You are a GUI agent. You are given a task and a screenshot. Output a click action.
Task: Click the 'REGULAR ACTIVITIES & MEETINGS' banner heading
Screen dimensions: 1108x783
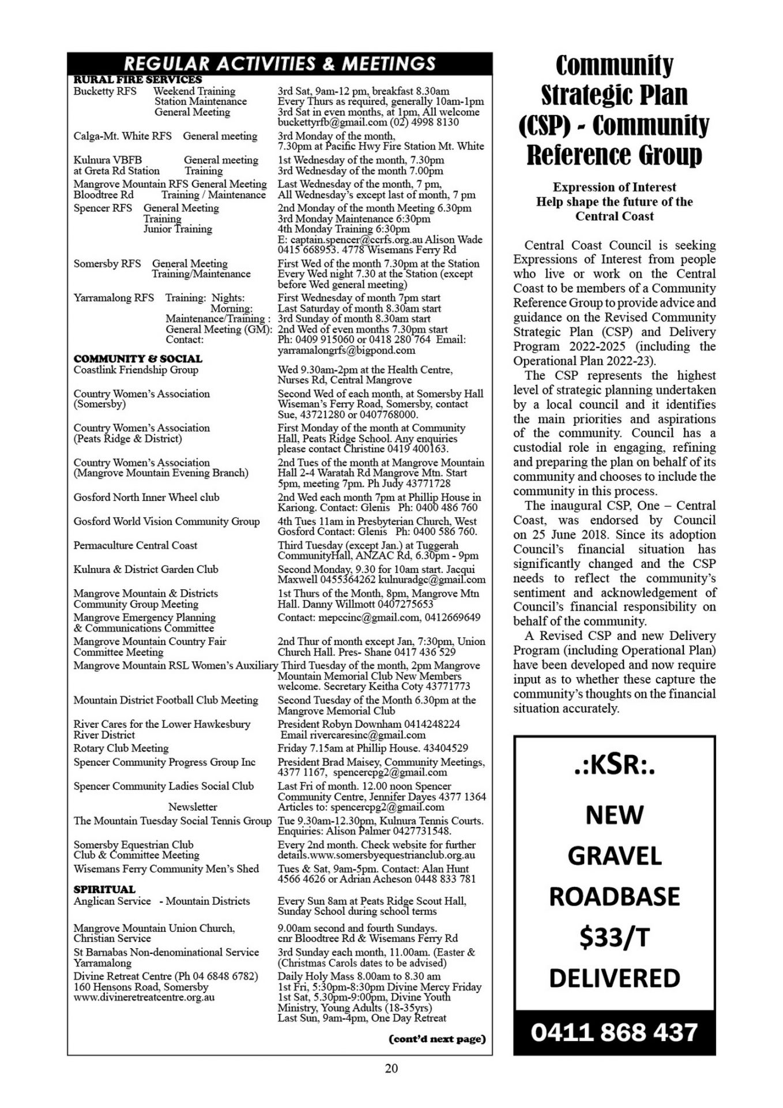(280, 63)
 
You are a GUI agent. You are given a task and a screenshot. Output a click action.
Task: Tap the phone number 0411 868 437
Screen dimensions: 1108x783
(614, 1031)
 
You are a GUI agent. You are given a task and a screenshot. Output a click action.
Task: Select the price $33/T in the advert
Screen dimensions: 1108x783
(614, 938)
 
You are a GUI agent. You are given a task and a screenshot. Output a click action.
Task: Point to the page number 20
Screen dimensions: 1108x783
(391, 1068)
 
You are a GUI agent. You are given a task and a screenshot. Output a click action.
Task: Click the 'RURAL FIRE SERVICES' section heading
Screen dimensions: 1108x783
(138, 80)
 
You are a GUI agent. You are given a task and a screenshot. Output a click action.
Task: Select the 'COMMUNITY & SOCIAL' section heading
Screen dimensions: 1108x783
(138, 358)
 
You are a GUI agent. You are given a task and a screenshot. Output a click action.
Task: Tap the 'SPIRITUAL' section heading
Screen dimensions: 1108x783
(104, 889)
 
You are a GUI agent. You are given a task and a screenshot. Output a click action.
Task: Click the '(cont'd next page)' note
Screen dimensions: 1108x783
(437, 1039)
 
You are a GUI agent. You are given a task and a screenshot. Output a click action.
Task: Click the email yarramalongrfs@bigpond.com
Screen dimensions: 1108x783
(346, 350)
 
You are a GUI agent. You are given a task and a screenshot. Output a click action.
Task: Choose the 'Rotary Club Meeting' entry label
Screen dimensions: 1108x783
(121, 748)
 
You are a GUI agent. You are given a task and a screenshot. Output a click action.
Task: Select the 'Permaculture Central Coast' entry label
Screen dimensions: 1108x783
(135, 545)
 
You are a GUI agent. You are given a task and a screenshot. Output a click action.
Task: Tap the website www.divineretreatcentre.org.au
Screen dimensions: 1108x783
(144, 997)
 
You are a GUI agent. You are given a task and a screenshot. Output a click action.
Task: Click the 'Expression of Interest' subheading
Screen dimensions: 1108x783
(614, 187)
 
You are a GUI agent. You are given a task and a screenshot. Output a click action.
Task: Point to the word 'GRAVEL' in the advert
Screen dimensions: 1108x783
(614, 856)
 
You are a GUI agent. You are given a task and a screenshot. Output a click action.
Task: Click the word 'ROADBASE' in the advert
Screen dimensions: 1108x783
(614, 897)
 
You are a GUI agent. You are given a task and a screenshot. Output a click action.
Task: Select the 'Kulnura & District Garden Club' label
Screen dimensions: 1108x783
(146, 570)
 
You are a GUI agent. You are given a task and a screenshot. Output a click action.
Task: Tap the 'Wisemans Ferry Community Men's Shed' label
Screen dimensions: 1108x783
(166, 869)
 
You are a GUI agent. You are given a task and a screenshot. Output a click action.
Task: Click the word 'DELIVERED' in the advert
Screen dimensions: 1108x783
(614, 979)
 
